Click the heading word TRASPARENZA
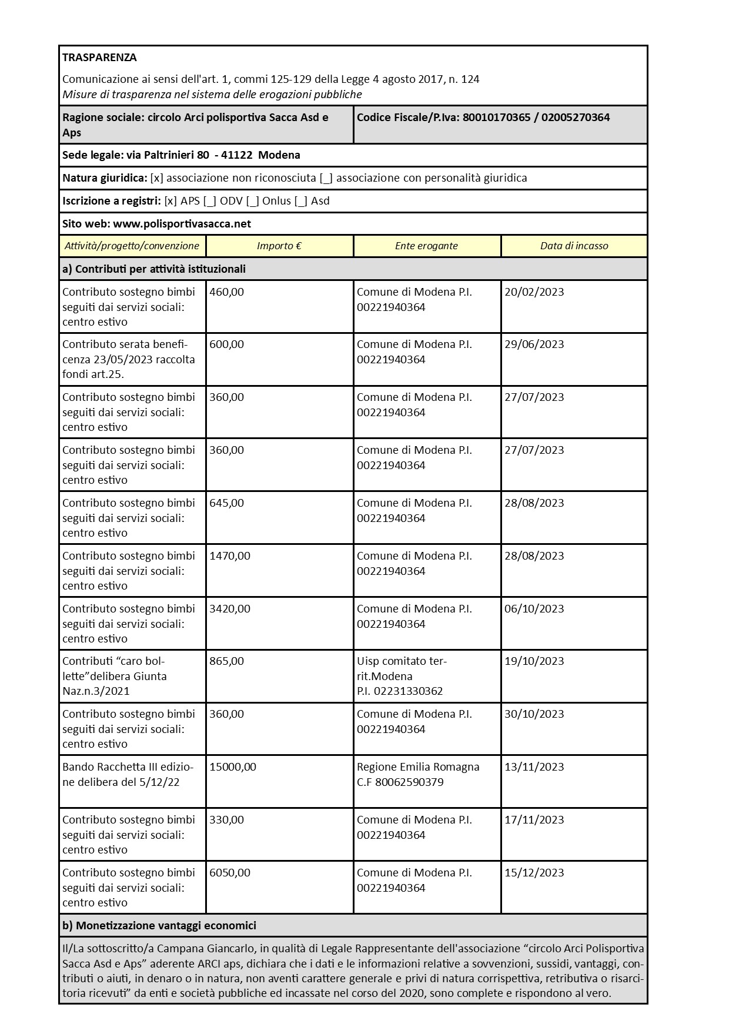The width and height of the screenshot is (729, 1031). click(99, 58)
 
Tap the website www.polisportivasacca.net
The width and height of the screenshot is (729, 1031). click(182, 224)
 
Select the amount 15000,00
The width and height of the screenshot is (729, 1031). click(233, 767)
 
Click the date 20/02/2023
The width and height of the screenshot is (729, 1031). click(534, 292)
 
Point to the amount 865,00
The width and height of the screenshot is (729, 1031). click(226, 661)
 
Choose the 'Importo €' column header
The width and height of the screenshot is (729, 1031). click(279, 246)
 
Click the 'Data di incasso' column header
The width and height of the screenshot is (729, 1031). click(574, 246)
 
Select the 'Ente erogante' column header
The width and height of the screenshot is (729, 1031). click(426, 246)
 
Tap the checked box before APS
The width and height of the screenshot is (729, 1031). click(170, 201)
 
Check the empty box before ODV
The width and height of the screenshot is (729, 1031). click(210, 201)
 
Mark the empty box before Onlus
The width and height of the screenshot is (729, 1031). click(253, 201)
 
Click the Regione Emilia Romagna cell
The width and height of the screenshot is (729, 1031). click(418, 775)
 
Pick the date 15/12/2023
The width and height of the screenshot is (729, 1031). click(534, 873)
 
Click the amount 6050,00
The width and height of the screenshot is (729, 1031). click(230, 873)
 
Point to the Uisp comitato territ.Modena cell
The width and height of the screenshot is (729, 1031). click(402, 676)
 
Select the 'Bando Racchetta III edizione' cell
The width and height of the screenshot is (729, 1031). click(128, 775)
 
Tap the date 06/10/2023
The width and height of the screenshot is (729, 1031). click(534, 609)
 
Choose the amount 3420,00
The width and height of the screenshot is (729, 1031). click(230, 609)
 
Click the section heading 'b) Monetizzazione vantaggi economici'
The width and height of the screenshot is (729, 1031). click(159, 926)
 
